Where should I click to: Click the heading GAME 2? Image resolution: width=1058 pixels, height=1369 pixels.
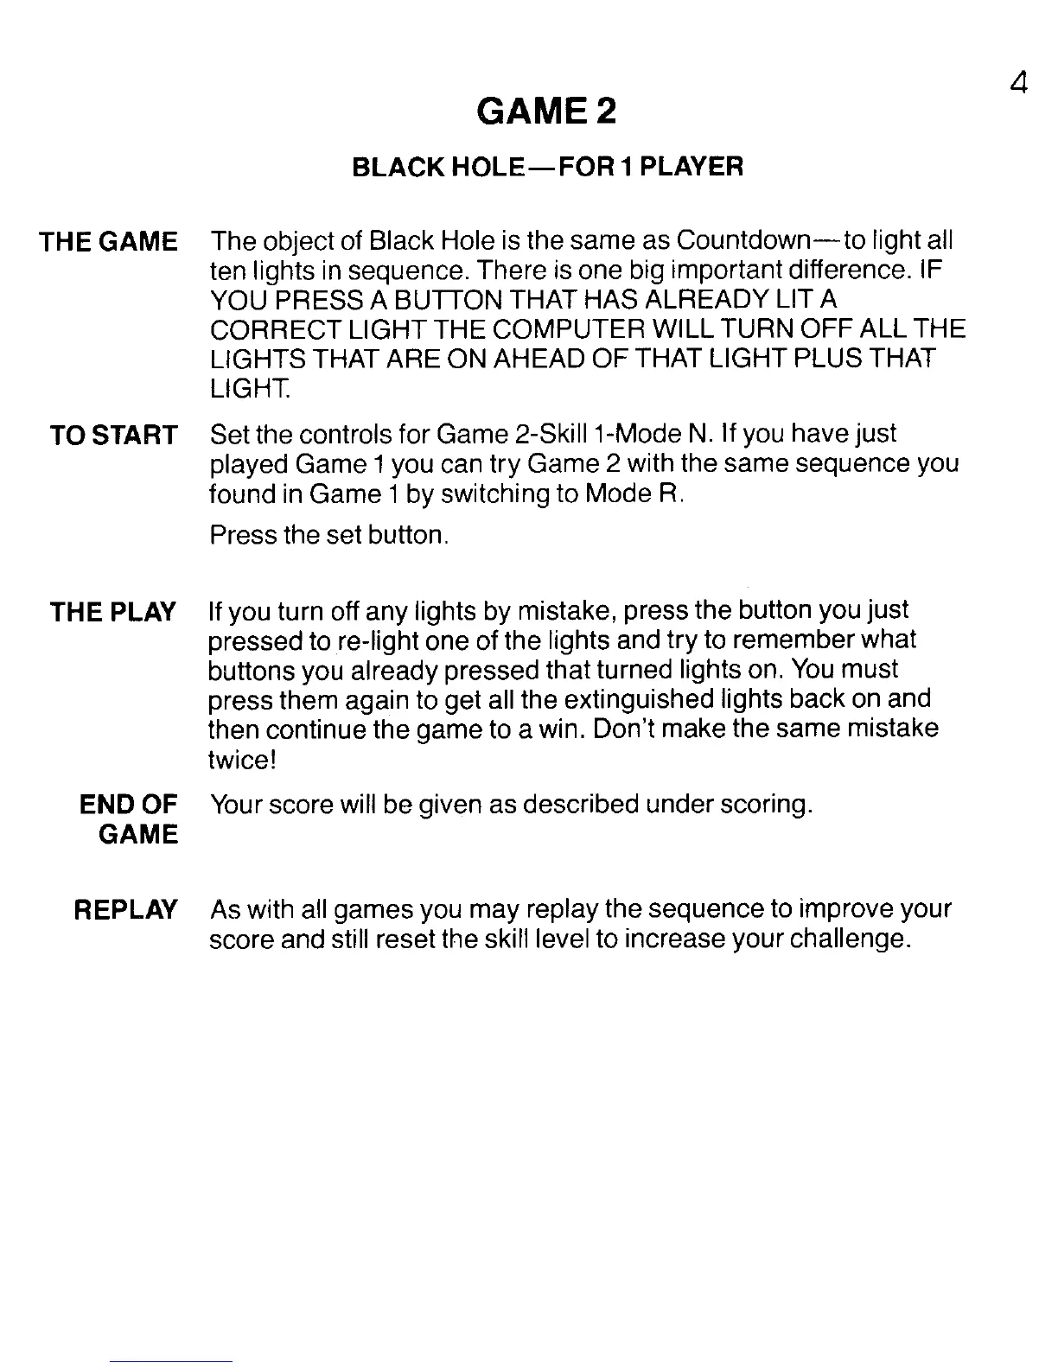pos(547,111)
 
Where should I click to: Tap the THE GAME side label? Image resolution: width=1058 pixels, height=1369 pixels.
pos(109,241)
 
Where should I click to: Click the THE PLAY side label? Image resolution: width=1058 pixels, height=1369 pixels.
pos(113,612)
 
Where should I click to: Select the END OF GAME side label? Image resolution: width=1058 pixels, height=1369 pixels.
pos(128,819)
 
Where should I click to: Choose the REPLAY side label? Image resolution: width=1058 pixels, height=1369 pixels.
pos(126,909)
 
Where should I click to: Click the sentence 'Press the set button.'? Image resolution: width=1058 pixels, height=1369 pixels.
pos(328,535)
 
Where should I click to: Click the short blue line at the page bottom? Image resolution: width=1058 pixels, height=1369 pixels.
pos(172,1361)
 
